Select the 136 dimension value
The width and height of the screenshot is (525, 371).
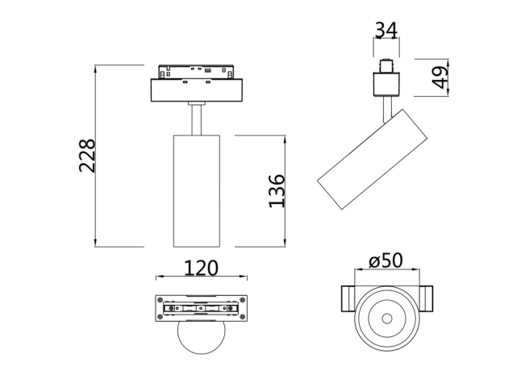point(277,190)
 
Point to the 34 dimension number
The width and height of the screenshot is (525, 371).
point(386,31)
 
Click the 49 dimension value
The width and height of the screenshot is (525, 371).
point(440,77)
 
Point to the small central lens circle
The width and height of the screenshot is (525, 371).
point(386,317)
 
